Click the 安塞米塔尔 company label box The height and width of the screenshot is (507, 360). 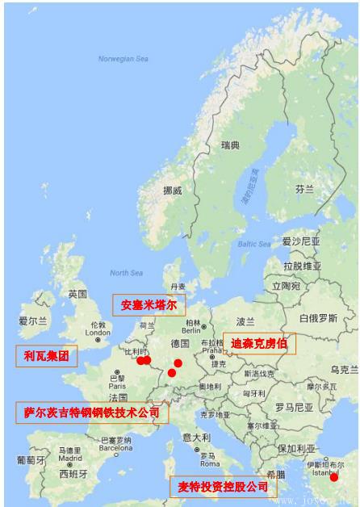coord(149,305)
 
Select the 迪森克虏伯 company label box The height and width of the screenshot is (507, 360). coord(259,343)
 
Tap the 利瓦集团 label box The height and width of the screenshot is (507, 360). coord(47,355)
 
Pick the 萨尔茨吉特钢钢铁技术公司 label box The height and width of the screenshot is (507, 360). coord(91,413)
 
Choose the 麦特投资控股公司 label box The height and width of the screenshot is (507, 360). coord(223,487)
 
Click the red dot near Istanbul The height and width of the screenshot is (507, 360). coord(334,477)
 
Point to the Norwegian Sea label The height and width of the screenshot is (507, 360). coord(123,59)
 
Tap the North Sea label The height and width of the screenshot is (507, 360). coord(126,273)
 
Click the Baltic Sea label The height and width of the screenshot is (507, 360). coord(253,243)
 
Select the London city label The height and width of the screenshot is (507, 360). coord(98,332)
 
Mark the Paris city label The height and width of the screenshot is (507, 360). coord(118,386)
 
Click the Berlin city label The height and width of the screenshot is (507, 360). coord(191,330)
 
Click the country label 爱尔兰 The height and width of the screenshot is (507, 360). coord(33,321)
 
